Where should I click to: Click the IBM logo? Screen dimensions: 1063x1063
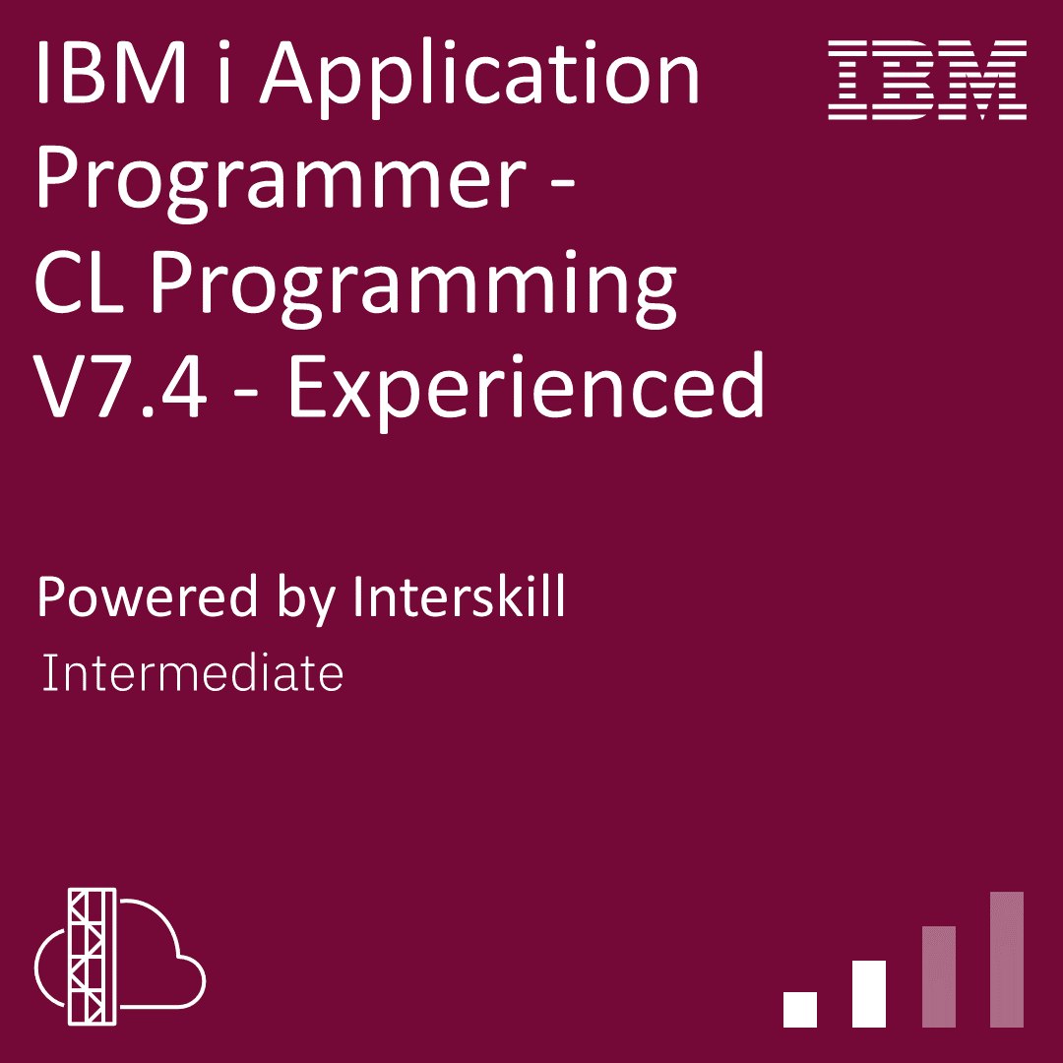coord(928,81)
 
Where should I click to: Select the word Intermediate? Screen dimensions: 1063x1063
coord(193,674)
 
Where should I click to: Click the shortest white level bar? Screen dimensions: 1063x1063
coord(800,1009)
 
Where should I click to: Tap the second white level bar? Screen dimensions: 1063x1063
coord(869,993)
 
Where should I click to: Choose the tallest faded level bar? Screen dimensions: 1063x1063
coord(1007,959)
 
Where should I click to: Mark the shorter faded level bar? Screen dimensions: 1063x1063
coord(938,976)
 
